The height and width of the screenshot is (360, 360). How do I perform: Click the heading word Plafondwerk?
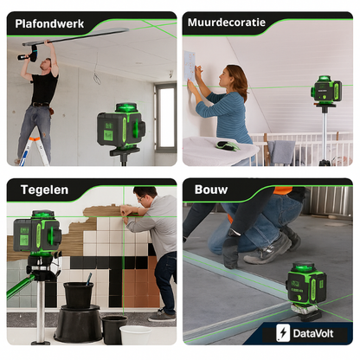tap(50, 23)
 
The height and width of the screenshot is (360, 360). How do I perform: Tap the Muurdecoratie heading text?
tap(227, 23)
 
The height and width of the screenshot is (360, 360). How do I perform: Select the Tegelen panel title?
tap(38, 190)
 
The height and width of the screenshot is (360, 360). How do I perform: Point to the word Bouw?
tap(211, 190)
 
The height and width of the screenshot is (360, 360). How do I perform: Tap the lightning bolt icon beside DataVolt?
tap(282, 332)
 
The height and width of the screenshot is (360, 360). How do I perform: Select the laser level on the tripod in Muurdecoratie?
tap(326, 91)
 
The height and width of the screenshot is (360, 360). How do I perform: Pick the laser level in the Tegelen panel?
tap(36, 233)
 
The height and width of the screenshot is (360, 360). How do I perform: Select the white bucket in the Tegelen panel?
tap(134, 335)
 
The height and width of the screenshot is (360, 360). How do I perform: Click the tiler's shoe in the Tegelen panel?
tap(162, 316)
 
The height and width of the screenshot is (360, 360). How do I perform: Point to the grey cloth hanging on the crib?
tap(283, 152)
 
